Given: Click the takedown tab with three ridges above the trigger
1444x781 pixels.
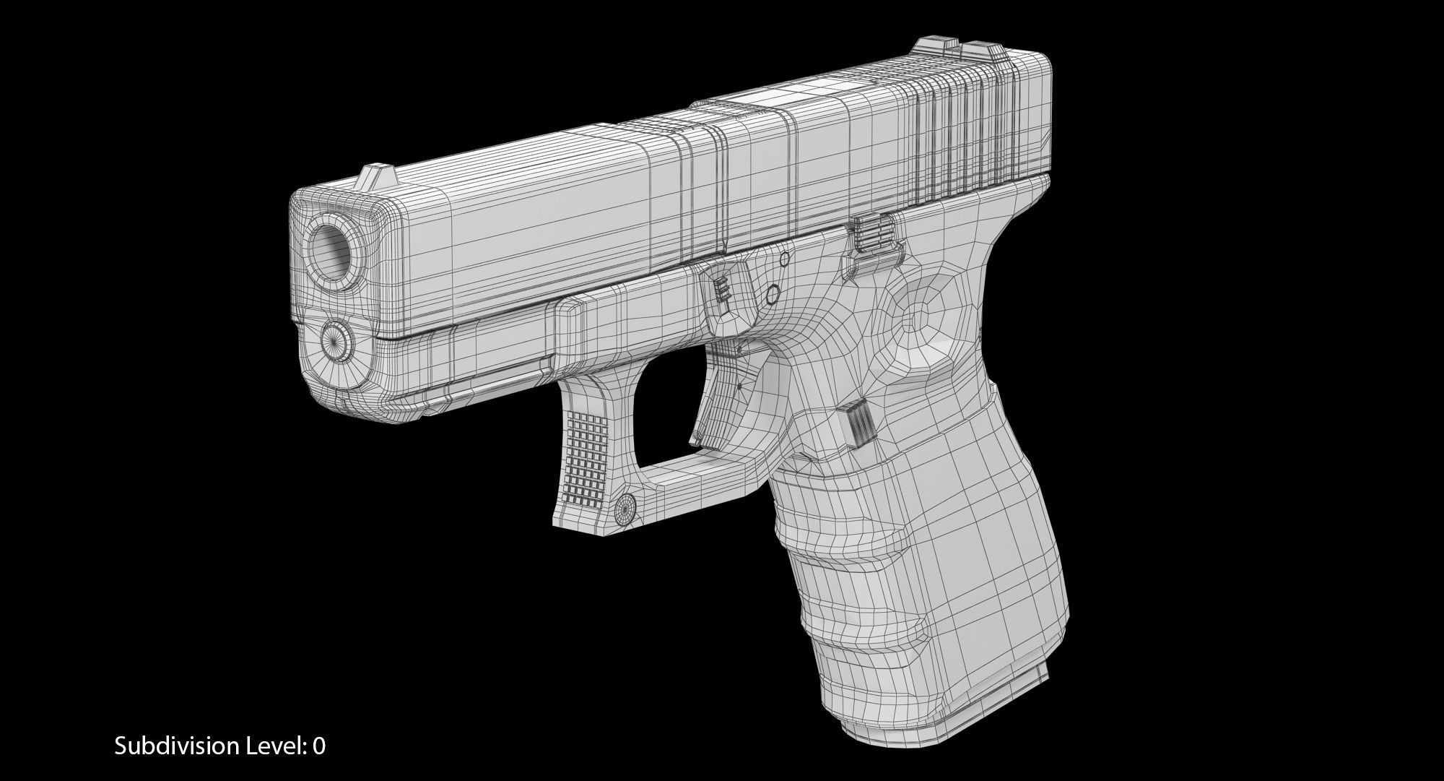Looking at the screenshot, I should pyautogui.click(x=723, y=289).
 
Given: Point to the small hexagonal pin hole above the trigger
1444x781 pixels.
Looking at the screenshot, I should pyautogui.click(x=771, y=294).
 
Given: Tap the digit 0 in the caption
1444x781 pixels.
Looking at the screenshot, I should pyautogui.click(x=318, y=746).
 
